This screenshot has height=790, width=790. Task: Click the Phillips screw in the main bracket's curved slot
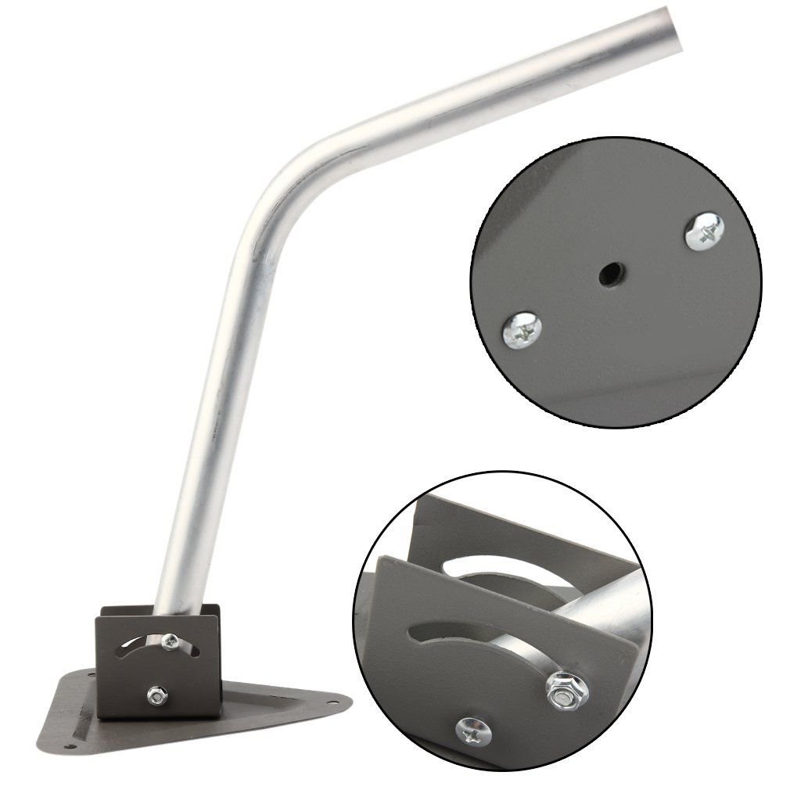[x=170, y=641]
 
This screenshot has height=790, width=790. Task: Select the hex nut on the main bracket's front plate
[x=156, y=693]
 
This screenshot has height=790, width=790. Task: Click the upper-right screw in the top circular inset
[x=703, y=228]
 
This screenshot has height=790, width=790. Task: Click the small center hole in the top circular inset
[x=608, y=275]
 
